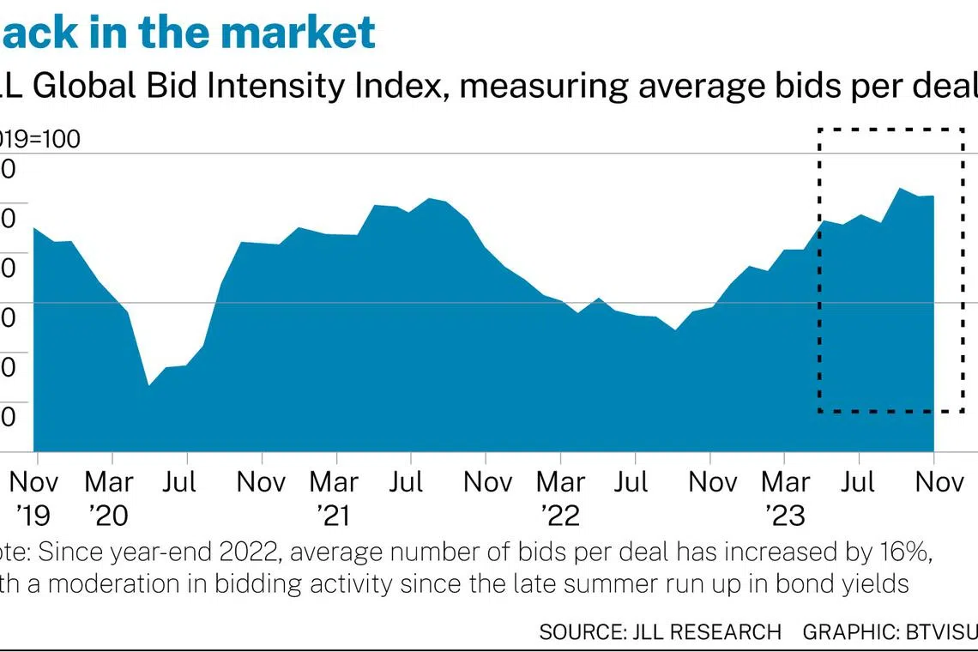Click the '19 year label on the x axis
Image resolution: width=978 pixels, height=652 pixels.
35,516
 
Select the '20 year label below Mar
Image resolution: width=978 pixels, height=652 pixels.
109,516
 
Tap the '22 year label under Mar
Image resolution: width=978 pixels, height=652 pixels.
560,516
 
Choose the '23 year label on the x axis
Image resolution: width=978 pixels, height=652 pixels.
785,516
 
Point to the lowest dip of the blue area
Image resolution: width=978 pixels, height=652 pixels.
148,385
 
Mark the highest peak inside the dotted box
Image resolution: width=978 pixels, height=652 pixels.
898,188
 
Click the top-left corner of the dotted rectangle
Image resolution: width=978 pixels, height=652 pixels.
819,130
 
